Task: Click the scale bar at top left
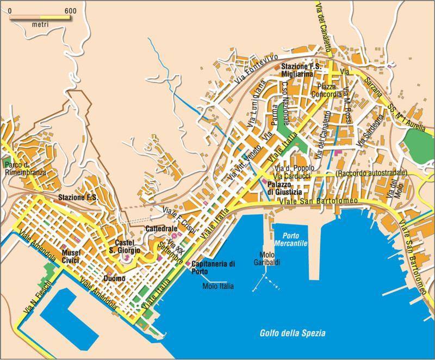(x=39, y=17)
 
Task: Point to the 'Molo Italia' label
(x=218, y=286)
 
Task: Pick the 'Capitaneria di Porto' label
(x=213, y=268)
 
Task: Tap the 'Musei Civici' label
(x=71, y=257)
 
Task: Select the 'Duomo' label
(x=114, y=278)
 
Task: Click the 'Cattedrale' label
(x=159, y=229)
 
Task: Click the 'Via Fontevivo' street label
(x=254, y=71)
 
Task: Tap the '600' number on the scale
(x=69, y=10)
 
